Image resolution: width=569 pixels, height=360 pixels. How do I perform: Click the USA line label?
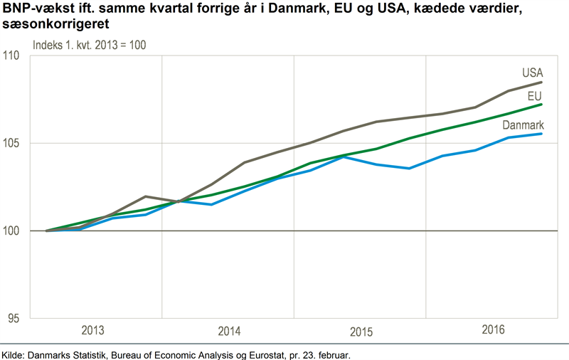pos(532,73)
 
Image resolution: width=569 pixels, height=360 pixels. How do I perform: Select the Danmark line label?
pos(523,125)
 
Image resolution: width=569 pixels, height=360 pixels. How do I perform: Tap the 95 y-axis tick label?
pos(16,319)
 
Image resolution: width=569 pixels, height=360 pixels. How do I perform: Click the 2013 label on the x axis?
pos(94,331)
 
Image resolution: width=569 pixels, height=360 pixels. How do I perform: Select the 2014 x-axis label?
pos(229,332)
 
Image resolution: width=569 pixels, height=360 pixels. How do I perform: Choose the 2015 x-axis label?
pos(362,332)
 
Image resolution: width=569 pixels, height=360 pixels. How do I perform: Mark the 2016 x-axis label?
pos(492,330)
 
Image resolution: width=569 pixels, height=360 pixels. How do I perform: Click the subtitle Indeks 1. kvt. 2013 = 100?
pos(89,44)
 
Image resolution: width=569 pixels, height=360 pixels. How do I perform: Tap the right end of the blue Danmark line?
pos(543,134)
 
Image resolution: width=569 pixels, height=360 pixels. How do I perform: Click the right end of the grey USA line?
pos(543,82)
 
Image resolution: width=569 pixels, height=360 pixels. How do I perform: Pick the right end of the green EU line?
pos(543,104)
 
